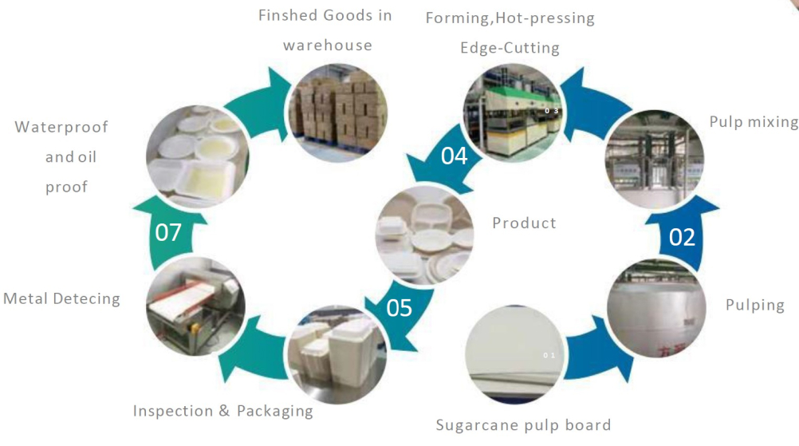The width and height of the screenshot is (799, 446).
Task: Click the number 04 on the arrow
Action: click(454, 156)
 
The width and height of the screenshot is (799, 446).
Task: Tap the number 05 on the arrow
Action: click(399, 307)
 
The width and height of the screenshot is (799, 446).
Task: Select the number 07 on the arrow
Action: click(168, 233)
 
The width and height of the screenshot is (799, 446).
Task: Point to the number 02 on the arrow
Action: click(682, 237)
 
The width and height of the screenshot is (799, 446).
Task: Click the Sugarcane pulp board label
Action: click(523, 425)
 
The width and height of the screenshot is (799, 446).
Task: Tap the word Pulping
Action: click(755, 305)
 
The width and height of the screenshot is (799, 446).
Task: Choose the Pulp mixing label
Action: click(753, 122)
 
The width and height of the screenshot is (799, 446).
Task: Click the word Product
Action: click(524, 223)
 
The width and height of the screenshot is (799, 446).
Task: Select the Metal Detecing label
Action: click(61, 298)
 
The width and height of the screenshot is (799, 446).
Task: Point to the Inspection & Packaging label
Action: click(222, 411)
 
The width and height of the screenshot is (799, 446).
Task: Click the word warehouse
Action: click(327, 45)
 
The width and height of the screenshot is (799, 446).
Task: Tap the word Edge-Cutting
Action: click(510, 48)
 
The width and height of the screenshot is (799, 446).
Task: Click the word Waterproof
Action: click(61, 127)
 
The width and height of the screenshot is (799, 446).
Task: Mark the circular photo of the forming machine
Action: click(514, 111)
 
